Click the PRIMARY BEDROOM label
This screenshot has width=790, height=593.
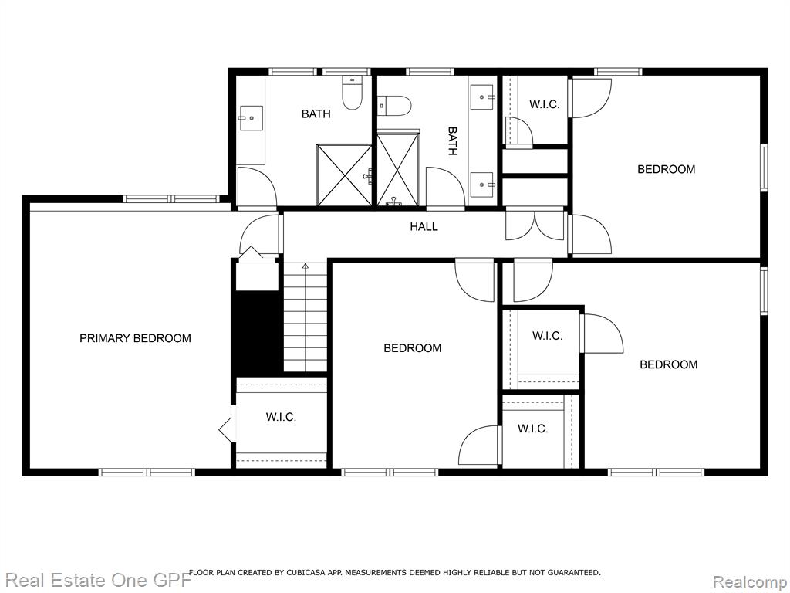click(135, 338)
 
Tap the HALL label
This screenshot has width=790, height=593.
click(424, 227)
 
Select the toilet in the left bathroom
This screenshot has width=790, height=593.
click(352, 93)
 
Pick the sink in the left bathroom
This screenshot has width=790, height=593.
click(251, 118)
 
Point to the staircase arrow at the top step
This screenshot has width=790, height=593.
click(305, 266)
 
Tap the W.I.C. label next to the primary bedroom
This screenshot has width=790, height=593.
click(281, 418)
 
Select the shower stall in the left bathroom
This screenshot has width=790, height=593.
click(344, 175)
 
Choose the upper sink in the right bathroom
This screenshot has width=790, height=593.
click(483, 97)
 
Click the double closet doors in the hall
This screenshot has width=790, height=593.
click(535, 224)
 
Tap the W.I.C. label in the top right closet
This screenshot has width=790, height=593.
click(544, 104)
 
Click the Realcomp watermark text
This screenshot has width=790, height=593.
click(750, 581)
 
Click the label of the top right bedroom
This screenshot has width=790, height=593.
click(666, 169)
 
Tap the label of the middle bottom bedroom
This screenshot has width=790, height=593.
click(412, 348)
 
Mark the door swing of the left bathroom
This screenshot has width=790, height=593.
click(256, 187)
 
